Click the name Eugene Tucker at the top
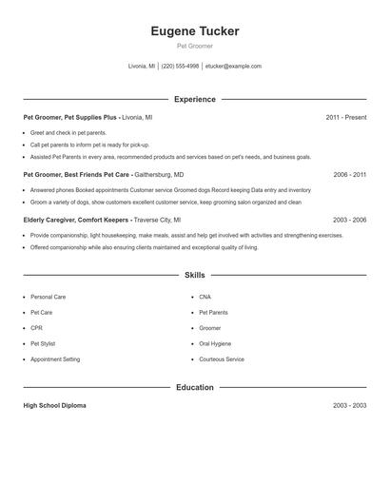pyautogui.click(x=195, y=31)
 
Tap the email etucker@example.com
pyautogui.click(x=233, y=67)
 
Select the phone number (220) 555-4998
pyautogui.click(x=180, y=67)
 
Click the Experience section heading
pyautogui.click(x=195, y=99)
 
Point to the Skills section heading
pyautogui.click(x=195, y=275)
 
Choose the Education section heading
pyautogui.click(x=195, y=387)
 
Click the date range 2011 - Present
pyautogui.click(x=345, y=117)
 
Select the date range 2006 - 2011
pyautogui.click(x=349, y=175)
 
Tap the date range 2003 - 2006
pyautogui.click(x=349, y=220)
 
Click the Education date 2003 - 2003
pyautogui.click(x=349, y=405)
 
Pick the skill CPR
pyautogui.click(x=36, y=328)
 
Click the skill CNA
pyautogui.click(x=205, y=297)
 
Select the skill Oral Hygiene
pyautogui.click(x=214, y=343)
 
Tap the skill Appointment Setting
pyautogui.click(x=55, y=359)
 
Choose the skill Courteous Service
pyautogui.click(x=222, y=359)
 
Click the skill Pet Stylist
pyautogui.click(x=44, y=343)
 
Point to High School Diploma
pyautogui.click(x=54, y=405)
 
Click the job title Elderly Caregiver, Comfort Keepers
pyautogui.click(x=77, y=220)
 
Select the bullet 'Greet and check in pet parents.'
pyautogui.click(x=68, y=133)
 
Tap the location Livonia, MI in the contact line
pyautogui.click(x=142, y=67)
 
